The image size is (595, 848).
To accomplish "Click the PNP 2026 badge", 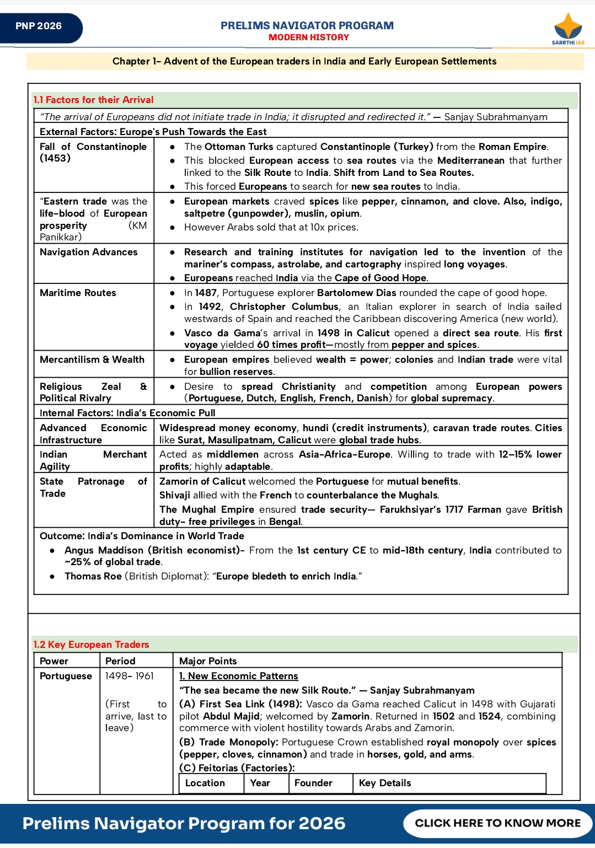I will click(39, 26).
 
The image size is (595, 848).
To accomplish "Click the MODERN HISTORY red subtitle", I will click(309, 37).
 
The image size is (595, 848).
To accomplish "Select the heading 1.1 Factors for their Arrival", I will click(93, 100).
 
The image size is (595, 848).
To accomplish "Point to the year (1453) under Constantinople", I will click(55, 158).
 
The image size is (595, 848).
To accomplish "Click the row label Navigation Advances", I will click(89, 252).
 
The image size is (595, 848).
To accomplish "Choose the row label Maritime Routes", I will click(78, 293).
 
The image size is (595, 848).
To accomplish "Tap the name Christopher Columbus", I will click(284, 307).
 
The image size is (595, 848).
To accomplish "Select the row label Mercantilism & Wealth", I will click(92, 359).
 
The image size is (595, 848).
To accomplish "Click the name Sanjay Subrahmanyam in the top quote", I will click(496, 117).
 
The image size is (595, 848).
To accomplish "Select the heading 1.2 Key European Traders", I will click(91, 645).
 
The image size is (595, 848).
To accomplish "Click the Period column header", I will click(120, 661).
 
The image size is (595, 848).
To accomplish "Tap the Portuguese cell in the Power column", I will click(66, 676).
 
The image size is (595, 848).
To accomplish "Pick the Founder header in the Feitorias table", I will click(313, 783).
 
